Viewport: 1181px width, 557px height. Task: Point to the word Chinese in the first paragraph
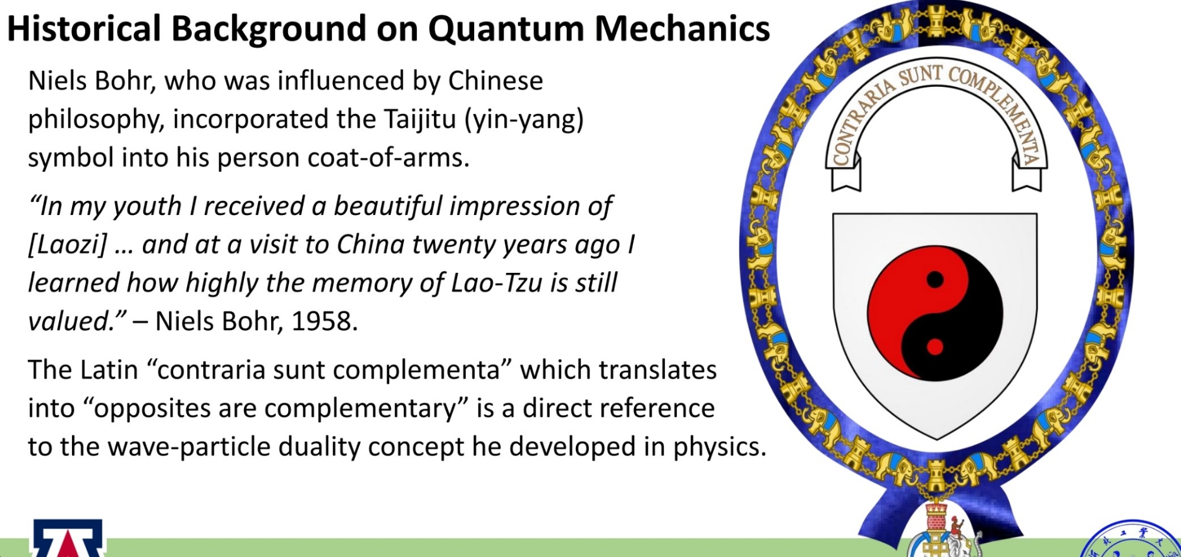pyautogui.click(x=495, y=81)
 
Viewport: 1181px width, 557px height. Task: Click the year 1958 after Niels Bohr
pyautogui.click(x=324, y=321)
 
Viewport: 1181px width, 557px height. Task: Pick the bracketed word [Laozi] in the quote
pyautogui.click(x=68, y=245)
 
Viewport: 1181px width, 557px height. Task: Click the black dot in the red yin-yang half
pyautogui.click(x=935, y=279)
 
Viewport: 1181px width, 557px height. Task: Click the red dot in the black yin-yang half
pyautogui.click(x=935, y=347)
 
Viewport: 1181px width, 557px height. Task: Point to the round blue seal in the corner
pyautogui.click(x=1131, y=540)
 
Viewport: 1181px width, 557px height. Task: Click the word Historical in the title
pyautogui.click(x=84, y=28)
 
